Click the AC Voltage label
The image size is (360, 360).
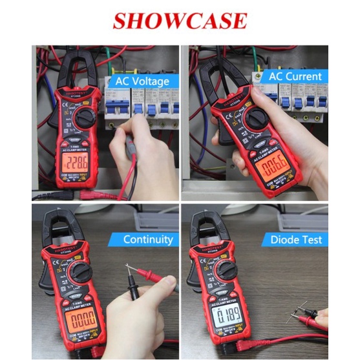[142, 81]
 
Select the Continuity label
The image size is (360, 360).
[147, 240]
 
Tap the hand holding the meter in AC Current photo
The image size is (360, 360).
[297, 129]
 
